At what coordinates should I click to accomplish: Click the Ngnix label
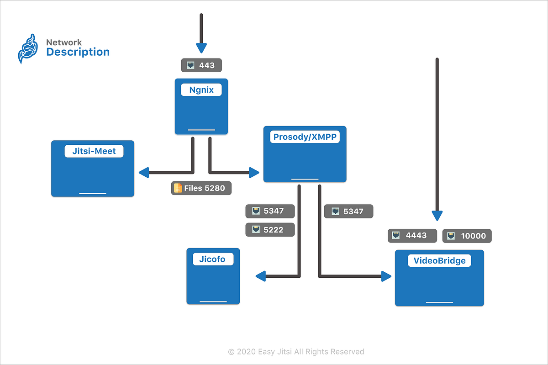point(201,90)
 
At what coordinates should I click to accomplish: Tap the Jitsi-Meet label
point(94,151)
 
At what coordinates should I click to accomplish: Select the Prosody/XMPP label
point(305,137)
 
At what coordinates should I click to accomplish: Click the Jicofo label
point(213,259)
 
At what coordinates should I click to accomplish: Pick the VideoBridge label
point(439,261)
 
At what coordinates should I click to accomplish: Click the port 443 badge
point(201,65)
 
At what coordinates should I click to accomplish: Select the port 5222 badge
point(270,230)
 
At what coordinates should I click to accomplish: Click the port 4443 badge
point(412,235)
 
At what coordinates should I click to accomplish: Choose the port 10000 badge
point(467,236)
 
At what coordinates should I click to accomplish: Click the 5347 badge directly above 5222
point(270,211)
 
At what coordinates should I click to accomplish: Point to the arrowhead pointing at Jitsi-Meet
point(143,172)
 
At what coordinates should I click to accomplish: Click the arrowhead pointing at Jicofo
point(260,275)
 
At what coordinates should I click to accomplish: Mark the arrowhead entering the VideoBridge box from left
point(386,275)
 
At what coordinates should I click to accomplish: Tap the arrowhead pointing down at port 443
point(201,48)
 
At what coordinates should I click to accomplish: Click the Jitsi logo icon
point(27,48)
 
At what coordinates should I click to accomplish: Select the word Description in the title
point(78,52)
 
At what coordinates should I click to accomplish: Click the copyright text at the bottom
point(296,351)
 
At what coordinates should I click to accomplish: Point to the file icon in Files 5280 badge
point(178,188)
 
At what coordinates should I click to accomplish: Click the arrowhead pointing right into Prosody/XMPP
point(254,172)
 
